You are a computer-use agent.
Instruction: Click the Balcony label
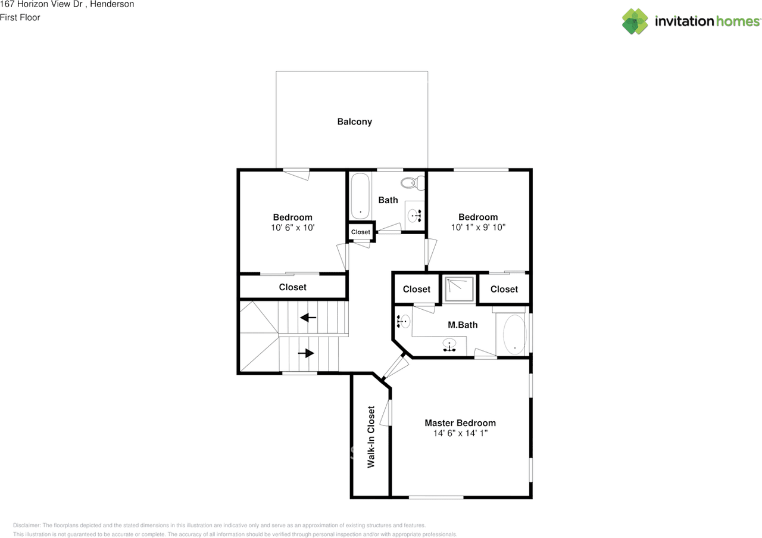(x=354, y=122)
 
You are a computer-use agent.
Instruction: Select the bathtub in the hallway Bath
(x=360, y=196)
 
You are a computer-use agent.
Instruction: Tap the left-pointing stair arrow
(x=308, y=318)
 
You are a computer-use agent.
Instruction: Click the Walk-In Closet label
(x=371, y=437)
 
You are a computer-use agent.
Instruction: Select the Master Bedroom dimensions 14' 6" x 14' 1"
(x=460, y=434)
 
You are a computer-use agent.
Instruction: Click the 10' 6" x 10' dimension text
(x=292, y=228)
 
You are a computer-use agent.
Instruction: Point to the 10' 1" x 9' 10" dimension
(x=478, y=228)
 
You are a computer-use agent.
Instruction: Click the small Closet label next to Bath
(x=360, y=232)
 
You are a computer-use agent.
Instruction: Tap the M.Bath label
(x=463, y=325)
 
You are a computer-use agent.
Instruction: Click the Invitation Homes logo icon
(x=635, y=21)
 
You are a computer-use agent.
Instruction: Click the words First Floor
(x=20, y=17)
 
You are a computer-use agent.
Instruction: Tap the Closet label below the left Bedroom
(x=292, y=287)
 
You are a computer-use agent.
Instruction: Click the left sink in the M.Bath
(x=403, y=322)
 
